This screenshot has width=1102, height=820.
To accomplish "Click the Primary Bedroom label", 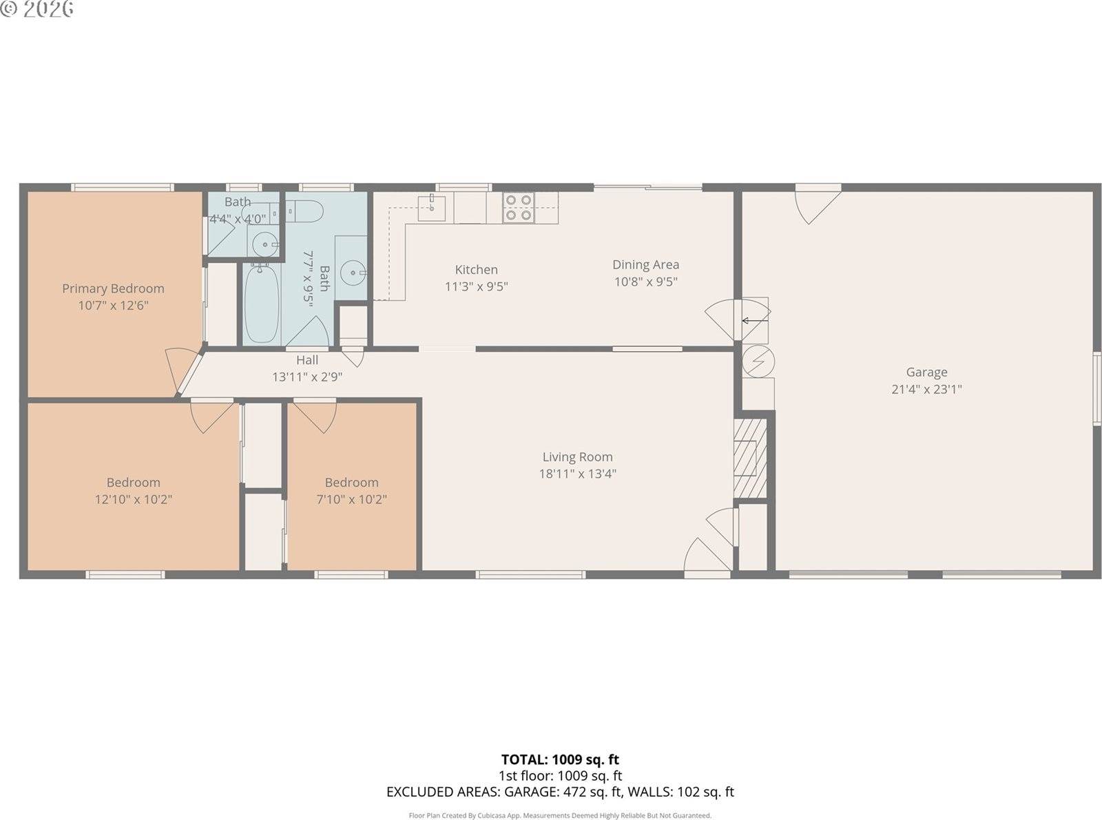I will click(113, 288).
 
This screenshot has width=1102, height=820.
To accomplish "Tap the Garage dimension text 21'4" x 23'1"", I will click(926, 389).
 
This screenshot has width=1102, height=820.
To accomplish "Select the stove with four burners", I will click(519, 207).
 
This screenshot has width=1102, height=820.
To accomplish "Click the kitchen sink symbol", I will click(432, 207).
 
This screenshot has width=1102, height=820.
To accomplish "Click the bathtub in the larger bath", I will click(261, 303).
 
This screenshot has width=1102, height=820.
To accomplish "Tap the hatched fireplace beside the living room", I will click(750, 458).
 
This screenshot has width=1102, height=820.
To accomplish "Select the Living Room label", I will click(577, 456).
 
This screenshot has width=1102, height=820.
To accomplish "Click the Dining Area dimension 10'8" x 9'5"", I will click(645, 282).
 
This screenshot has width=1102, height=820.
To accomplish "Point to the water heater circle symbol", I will click(758, 361).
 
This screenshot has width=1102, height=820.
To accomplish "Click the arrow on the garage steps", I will click(754, 320).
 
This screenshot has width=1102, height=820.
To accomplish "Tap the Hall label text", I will click(307, 360).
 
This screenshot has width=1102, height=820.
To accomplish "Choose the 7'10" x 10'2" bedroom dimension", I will click(351, 499).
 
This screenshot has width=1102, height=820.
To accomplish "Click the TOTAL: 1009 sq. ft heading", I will click(559, 759).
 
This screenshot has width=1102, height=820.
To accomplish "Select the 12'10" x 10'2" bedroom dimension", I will click(133, 499).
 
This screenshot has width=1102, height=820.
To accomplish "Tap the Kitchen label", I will click(476, 270).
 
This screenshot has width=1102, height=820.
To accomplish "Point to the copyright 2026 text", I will click(37, 9).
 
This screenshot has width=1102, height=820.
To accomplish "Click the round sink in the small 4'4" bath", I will click(264, 244).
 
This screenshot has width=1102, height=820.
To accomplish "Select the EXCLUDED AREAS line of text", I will click(559, 792).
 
